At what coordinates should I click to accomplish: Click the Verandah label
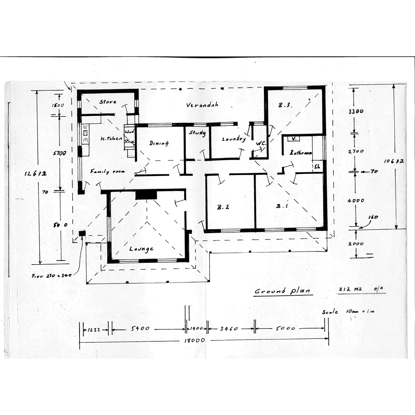[x=202, y=105]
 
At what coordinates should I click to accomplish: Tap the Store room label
[x=108, y=102]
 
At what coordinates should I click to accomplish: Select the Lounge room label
[x=141, y=249]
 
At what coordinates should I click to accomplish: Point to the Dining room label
[x=159, y=143]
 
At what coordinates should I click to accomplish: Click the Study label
[x=197, y=132]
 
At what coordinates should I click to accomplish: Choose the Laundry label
[x=234, y=139]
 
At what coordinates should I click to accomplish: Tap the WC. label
[x=260, y=143]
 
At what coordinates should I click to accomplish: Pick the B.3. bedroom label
[x=285, y=105]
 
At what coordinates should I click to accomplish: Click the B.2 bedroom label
[x=223, y=207]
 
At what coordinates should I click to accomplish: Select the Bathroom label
[x=301, y=153]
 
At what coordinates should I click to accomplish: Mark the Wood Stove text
[x=129, y=137]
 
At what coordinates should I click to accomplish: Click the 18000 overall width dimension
[x=194, y=340]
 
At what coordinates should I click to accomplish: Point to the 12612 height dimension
[x=35, y=174]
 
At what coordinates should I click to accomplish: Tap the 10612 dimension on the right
[x=394, y=161]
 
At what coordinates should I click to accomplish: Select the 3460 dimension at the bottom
[x=229, y=329]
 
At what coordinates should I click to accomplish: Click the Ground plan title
[x=283, y=291]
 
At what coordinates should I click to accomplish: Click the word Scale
[x=330, y=312]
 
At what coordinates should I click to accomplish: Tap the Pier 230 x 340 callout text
[x=51, y=276]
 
